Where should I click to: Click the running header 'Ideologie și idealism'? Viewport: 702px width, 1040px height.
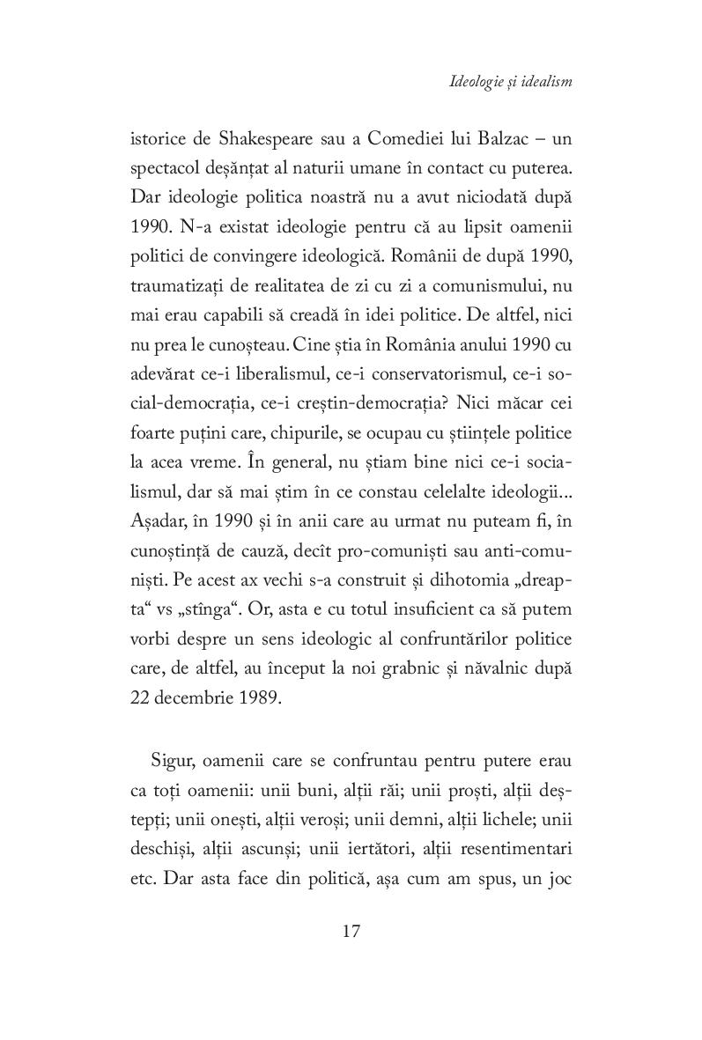pos(510,82)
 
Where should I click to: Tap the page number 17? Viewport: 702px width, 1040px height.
pos(351,932)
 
